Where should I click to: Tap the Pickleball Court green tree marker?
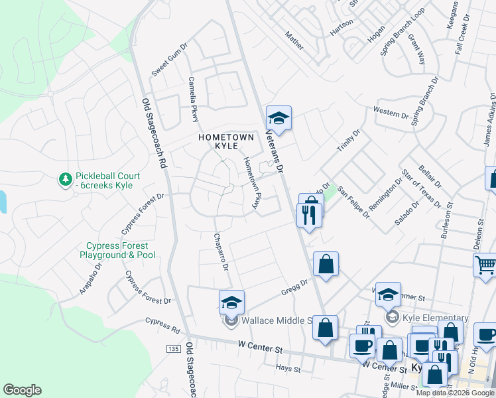tap(65, 180)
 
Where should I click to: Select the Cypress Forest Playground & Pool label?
tap(118, 251)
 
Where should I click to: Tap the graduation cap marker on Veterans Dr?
tap(279, 119)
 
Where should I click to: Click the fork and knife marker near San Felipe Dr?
tap(310, 214)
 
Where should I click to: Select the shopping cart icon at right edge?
tap(485, 265)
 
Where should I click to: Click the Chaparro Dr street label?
tap(221, 252)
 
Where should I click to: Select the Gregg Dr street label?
tap(294, 285)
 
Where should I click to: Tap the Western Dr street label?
tap(391, 112)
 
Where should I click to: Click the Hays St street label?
tap(288, 367)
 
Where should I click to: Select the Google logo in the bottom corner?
tap(22, 390)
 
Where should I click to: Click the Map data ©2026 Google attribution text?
tap(455, 393)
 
